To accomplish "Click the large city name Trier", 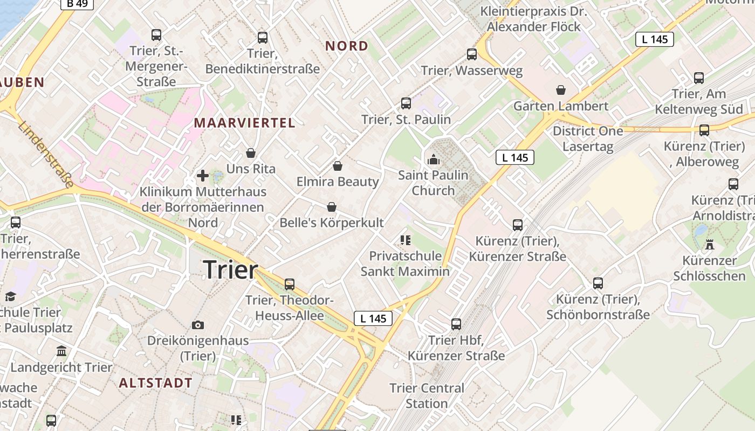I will [x=231, y=269].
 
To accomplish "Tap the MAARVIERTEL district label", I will [x=244, y=123].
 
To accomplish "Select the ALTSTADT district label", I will [x=155, y=383].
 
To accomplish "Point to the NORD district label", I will [x=346, y=46].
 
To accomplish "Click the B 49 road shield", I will [x=77, y=4].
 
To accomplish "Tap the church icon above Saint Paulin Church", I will [x=433, y=159].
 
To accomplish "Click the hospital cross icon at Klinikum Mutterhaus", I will [x=203, y=176].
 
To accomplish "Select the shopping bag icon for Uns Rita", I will [x=251, y=154].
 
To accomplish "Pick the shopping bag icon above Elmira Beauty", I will [x=338, y=166].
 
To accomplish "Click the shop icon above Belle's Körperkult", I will [x=331, y=207].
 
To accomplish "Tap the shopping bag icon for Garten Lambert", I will [x=561, y=90].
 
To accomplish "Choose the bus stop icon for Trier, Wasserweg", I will [x=472, y=54].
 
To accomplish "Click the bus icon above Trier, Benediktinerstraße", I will [x=263, y=38].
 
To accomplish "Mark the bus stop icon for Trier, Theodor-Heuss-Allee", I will [x=290, y=284].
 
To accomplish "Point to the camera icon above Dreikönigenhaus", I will [x=198, y=325].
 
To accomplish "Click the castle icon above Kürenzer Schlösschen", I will [x=710, y=245].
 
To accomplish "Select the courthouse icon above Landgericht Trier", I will [x=61, y=351].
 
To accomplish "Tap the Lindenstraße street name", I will [x=45, y=155].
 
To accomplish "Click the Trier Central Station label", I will [x=427, y=395].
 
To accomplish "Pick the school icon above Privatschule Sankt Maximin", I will [x=406, y=240].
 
